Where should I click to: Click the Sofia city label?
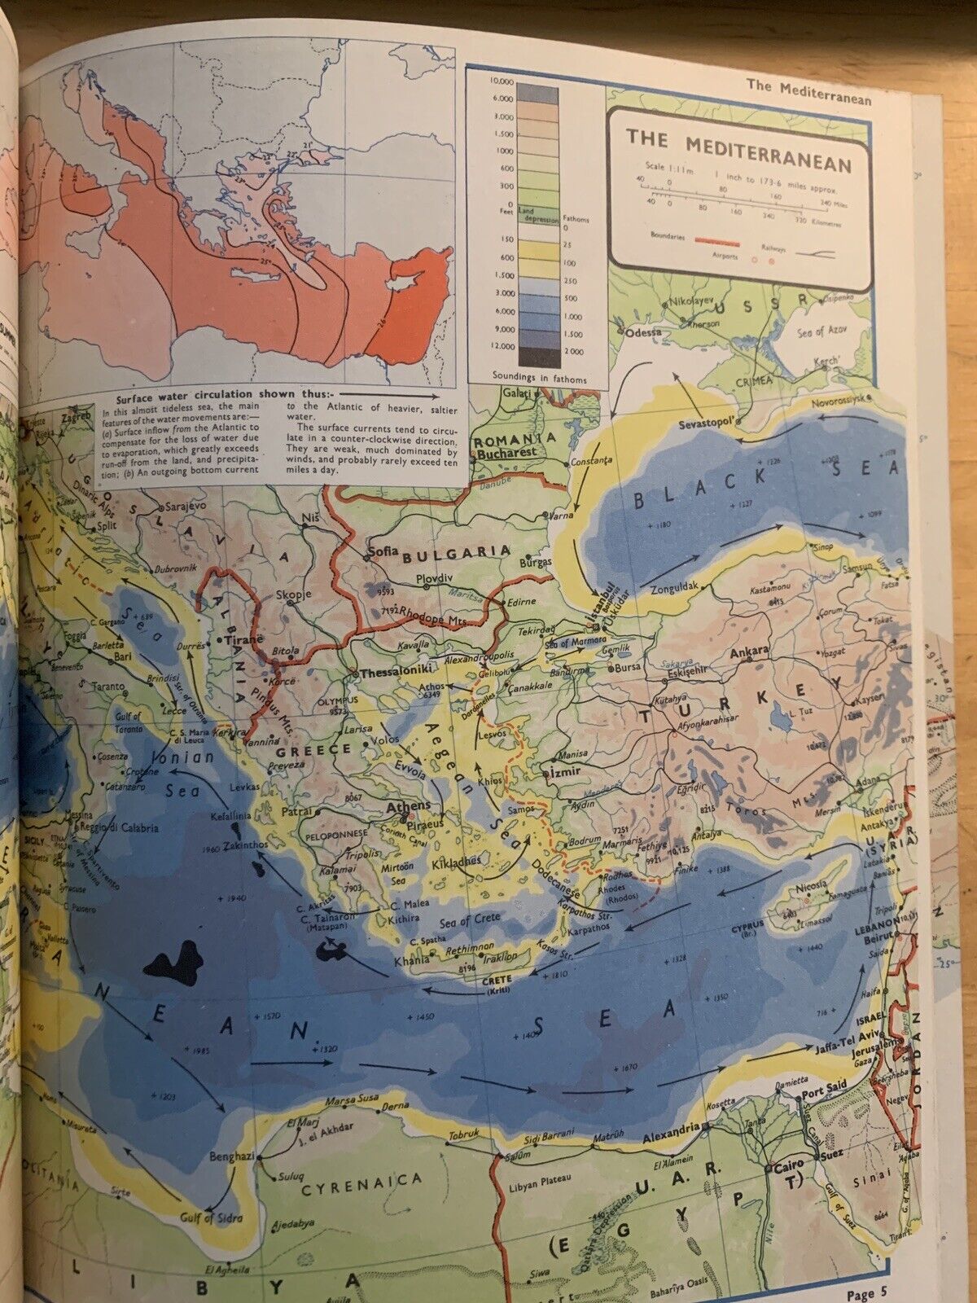pyautogui.click(x=383, y=550)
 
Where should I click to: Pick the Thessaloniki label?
pyautogui.click(x=394, y=673)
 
